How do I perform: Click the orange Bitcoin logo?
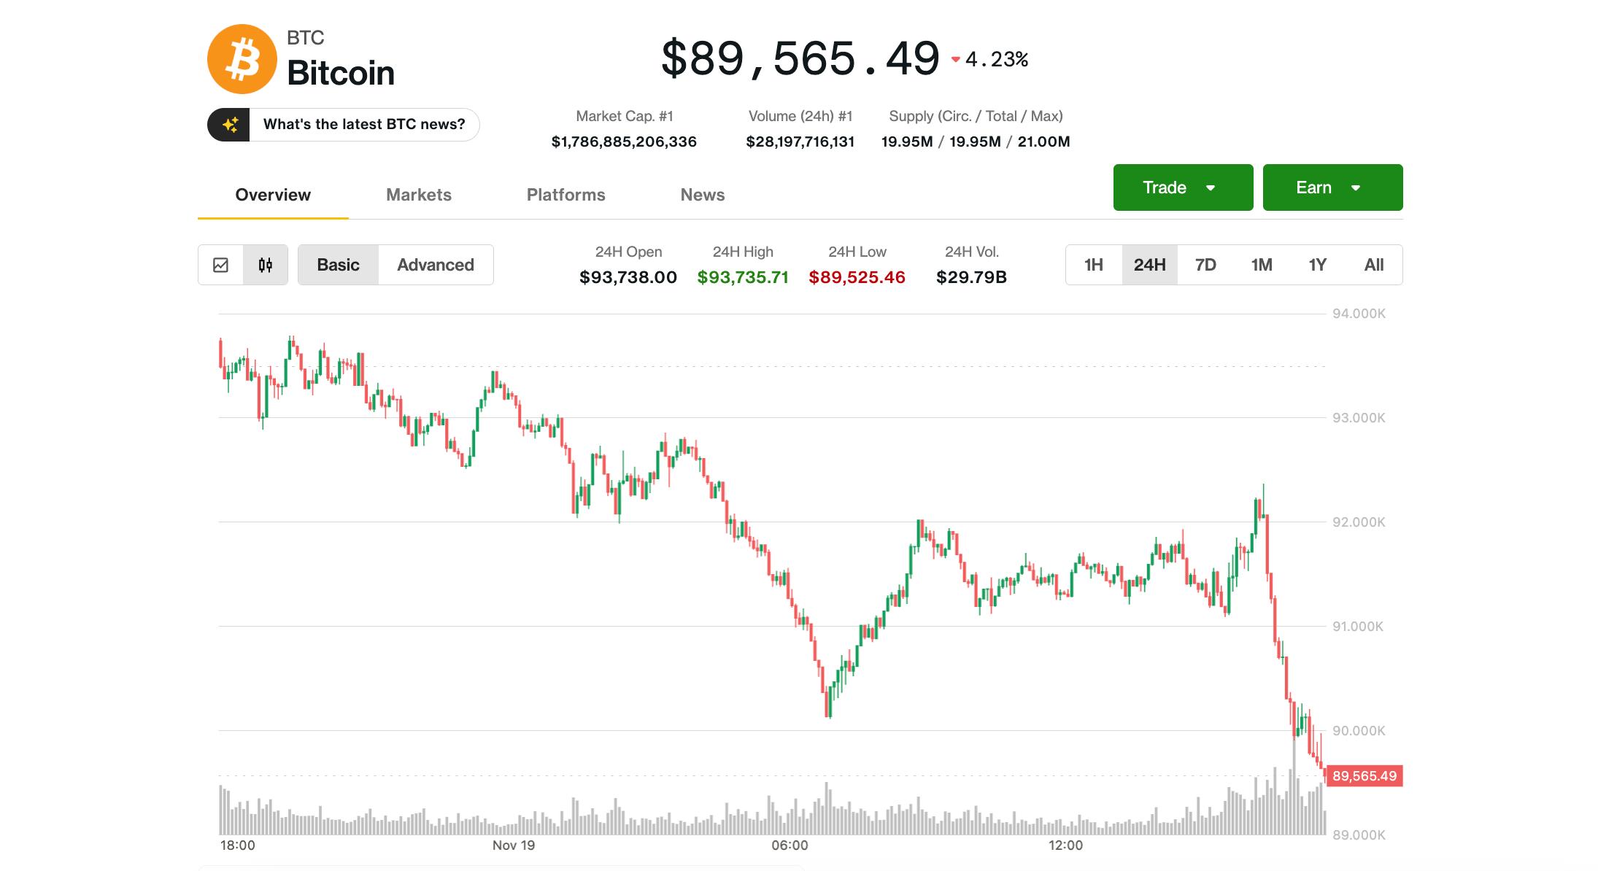point(242,59)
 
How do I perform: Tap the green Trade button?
point(1182,187)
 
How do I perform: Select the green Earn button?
point(1332,187)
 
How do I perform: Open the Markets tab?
point(418,195)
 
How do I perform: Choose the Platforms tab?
point(566,195)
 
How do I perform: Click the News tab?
point(702,195)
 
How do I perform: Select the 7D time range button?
point(1205,265)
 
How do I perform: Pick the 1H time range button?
point(1093,265)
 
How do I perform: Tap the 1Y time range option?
point(1317,265)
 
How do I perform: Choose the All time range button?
point(1373,265)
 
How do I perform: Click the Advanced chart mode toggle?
point(435,265)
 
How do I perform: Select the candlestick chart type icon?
point(266,265)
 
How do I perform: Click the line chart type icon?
point(220,265)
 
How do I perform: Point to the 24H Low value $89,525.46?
point(857,277)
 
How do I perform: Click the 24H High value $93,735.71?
point(742,277)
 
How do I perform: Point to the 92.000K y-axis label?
point(1358,522)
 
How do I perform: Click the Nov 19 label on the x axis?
point(513,845)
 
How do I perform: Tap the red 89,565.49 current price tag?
point(1363,776)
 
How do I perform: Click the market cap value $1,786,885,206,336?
point(624,142)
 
